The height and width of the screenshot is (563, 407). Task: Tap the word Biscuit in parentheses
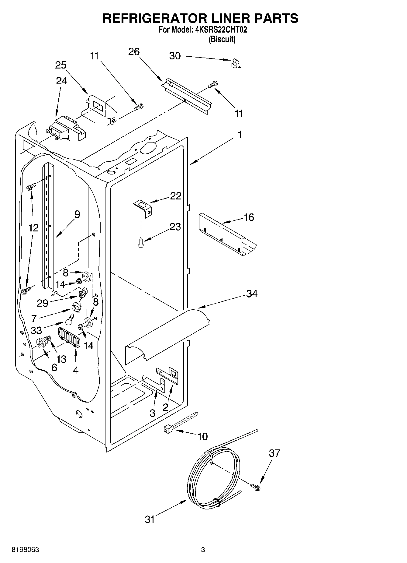click(222, 39)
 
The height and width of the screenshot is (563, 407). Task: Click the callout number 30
click(175, 56)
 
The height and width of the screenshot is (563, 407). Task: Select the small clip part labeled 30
click(236, 63)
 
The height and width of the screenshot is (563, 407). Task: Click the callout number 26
click(134, 52)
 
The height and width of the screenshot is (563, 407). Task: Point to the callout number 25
click(61, 65)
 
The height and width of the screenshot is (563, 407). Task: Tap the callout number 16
click(249, 217)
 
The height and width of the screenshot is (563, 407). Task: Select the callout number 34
click(252, 294)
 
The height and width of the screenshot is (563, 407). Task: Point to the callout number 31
click(150, 519)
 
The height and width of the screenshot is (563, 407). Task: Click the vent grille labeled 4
click(70, 337)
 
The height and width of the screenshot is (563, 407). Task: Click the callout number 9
click(77, 214)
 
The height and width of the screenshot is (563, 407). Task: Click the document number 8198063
click(25, 550)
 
